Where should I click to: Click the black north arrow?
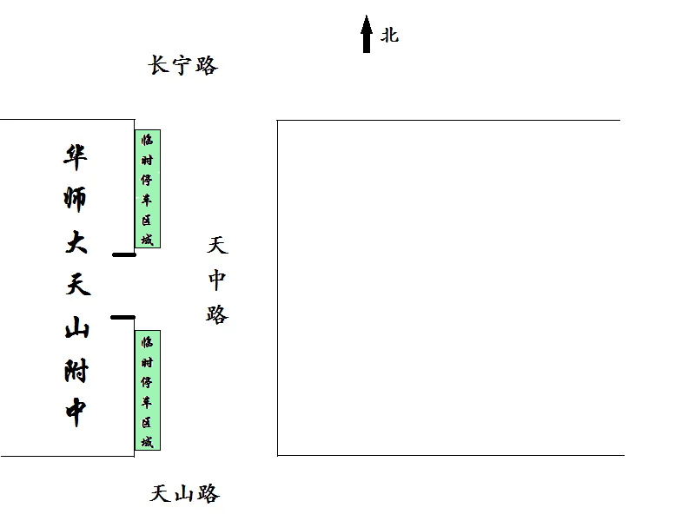click(366, 34)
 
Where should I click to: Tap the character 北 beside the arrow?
click(389, 35)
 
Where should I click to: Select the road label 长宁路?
click(183, 65)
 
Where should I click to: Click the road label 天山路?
click(185, 493)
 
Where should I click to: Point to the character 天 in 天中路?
click(217, 245)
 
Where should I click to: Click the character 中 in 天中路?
click(217, 280)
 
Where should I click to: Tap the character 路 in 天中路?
click(217, 314)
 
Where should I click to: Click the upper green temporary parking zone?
click(148, 188)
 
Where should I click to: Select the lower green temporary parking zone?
click(148, 390)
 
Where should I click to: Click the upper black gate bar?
click(124, 254)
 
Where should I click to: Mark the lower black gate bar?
click(122, 317)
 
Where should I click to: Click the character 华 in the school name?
click(76, 157)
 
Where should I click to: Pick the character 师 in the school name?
click(75, 199)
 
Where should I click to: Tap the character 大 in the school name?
click(76, 242)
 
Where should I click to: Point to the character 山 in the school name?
click(77, 327)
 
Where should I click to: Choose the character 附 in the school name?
click(76, 371)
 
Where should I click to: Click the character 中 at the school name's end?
click(76, 412)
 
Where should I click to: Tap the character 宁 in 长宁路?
click(182, 66)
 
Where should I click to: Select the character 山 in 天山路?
click(184, 494)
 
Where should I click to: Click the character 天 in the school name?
click(78, 284)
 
